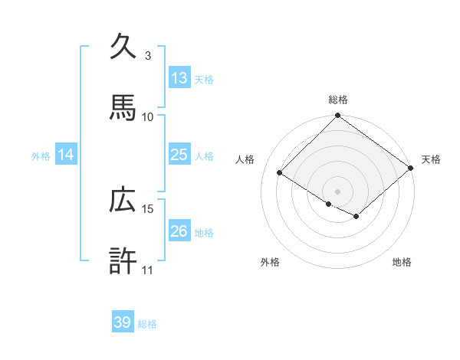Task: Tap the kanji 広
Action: click(x=123, y=200)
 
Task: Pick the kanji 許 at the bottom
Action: click(x=123, y=260)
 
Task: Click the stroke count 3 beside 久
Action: click(x=148, y=56)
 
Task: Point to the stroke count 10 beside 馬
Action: click(x=148, y=116)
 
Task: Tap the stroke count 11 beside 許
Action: click(x=148, y=270)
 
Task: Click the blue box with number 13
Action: click(x=179, y=77)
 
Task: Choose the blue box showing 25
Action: click(x=179, y=154)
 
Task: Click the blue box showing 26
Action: click(x=179, y=231)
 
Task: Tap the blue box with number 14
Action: click(x=66, y=154)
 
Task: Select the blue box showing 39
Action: click(x=123, y=322)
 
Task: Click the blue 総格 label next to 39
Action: click(x=147, y=324)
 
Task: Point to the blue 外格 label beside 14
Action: click(x=41, y=155)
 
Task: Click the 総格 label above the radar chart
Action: click(x=337, y=100)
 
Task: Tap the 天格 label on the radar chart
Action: click(x=431, y=159)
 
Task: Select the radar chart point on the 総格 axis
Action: click(x=337, y=116)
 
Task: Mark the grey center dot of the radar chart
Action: click(x=337, y=191)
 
